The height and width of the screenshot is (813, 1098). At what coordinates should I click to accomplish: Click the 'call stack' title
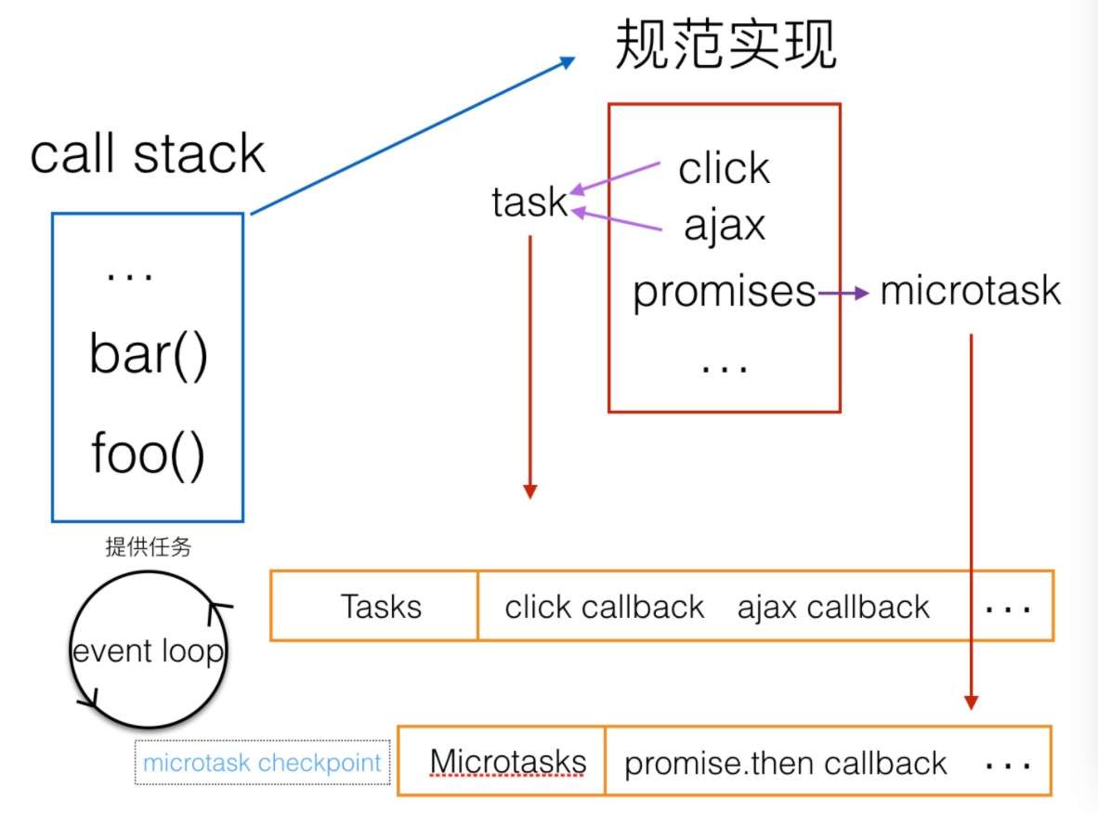[148, 154]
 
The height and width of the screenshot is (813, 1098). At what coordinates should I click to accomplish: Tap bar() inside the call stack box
[149, 354]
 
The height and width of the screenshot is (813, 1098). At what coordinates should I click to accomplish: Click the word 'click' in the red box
[724, 169]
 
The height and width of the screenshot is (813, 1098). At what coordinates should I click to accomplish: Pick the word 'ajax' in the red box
[725, 225]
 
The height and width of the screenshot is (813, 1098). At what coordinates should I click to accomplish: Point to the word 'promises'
[724, 292]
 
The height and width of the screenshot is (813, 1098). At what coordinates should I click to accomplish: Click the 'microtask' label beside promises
[970, 291]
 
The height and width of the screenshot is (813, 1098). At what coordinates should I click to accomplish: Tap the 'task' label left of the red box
[529, 202]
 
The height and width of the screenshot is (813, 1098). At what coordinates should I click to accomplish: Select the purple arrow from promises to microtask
[843, 294]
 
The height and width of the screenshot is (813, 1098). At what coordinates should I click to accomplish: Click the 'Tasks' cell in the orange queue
[381, 607]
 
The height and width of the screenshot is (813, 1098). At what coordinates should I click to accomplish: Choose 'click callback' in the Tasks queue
[604, 608]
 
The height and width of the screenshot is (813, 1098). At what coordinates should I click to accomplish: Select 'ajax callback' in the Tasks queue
[833, 608]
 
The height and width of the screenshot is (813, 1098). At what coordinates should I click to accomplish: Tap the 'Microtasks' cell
[507, 762]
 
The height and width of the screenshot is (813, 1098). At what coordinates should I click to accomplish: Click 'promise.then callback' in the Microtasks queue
[785, 764]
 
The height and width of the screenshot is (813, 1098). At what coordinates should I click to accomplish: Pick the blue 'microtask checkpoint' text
[262, 763]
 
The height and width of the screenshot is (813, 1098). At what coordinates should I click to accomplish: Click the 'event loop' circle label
[149, 651]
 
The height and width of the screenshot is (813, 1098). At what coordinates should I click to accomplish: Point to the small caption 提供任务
[149, 547]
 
